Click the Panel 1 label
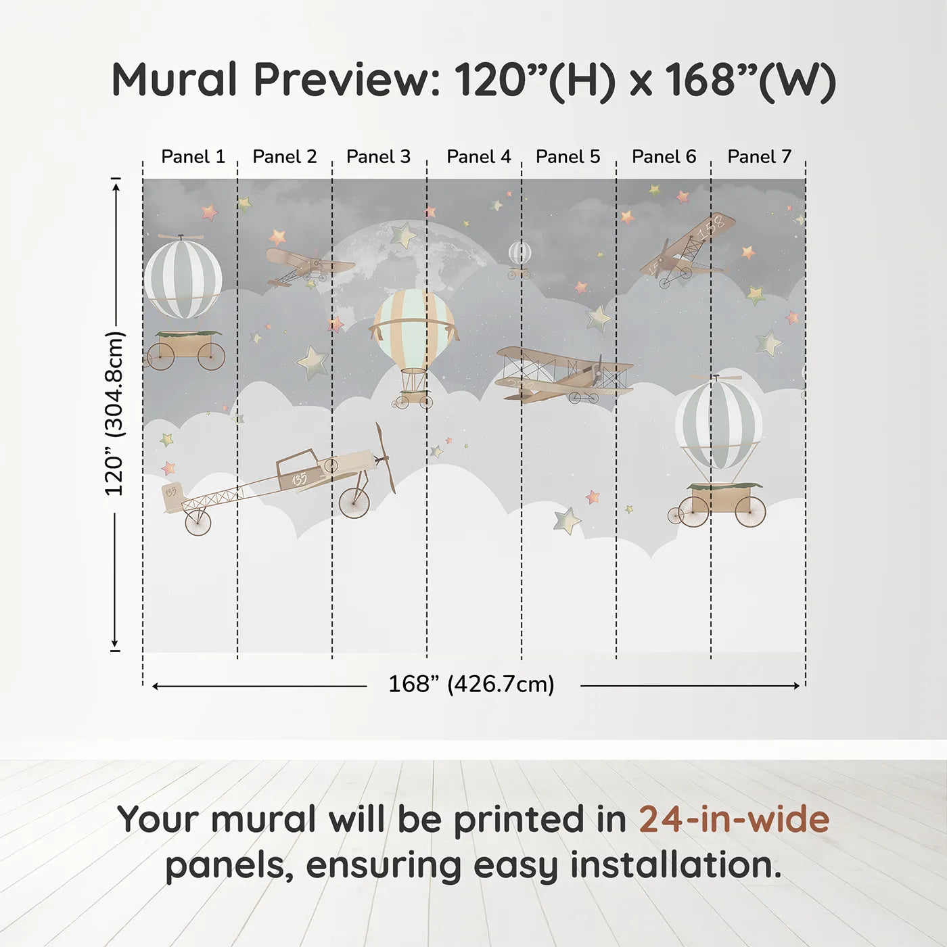pyautogui.click(x=193, y=157)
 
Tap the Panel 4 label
pyautogui.click(x=478, y=157)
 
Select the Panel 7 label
pyautogui.click(x=759, y=157)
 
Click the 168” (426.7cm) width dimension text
pyautogui.click(x=471, y=684)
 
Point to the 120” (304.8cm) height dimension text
pyautogui.click(x=114, y=413)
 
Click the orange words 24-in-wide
pyautogui.click(x=734, y=819)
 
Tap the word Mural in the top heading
pyautogui.click(x=174, y=80)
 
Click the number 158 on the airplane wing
pyautogui.click(x=711, y=228)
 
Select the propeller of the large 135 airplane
pyautogui.click(x=385, y=458)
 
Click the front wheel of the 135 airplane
pyautogui.click(x=354, y=503)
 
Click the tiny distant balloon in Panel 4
pyautogui.click(x=519, y=254)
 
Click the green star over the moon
pyautogui.click(x=404, y=235)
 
